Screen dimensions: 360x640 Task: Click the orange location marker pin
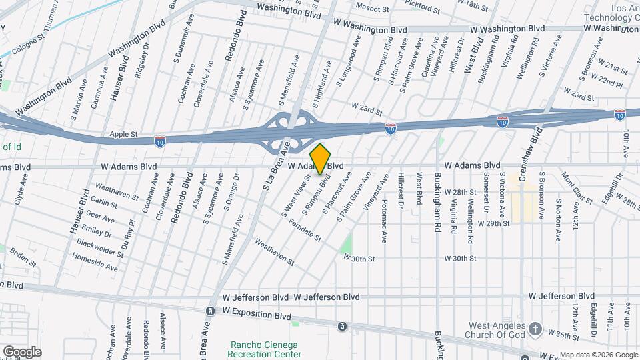[x=321, y=159]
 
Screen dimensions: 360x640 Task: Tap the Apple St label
[x=123, y=134]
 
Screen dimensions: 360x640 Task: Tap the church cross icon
[x=535, y=329]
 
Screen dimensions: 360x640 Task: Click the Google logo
[x=21, y=351]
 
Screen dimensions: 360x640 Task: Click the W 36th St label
[x=562, y=331]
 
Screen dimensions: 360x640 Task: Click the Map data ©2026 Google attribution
[x=598, y=354]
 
